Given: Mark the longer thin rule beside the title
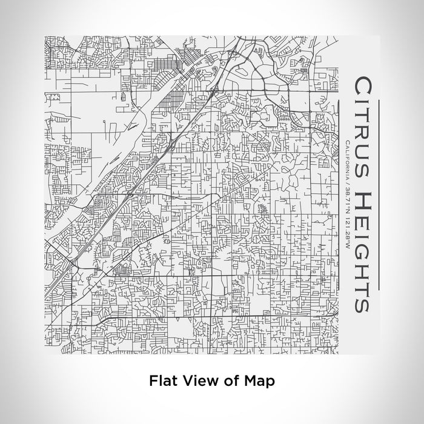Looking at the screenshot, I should (379, 194).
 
